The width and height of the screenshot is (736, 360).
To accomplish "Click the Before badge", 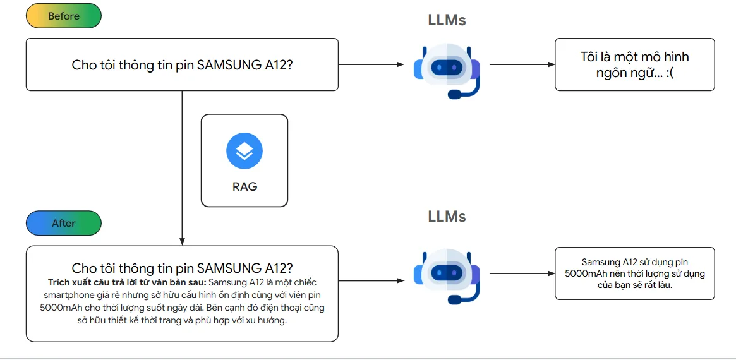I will pos(63,16).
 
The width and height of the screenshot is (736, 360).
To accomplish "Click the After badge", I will pos(63,223).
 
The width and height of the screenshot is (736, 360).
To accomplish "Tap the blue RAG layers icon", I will pos(244,152).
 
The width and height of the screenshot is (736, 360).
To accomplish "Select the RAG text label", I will pos(244,187).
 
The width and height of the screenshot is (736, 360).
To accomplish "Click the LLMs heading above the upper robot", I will pos(447,20).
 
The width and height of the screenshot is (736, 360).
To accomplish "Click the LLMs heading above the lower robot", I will pos(447,217).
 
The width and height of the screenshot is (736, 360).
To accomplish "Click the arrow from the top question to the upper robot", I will pos(371,64).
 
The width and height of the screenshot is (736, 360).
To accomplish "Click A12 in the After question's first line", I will pos(278,268).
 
